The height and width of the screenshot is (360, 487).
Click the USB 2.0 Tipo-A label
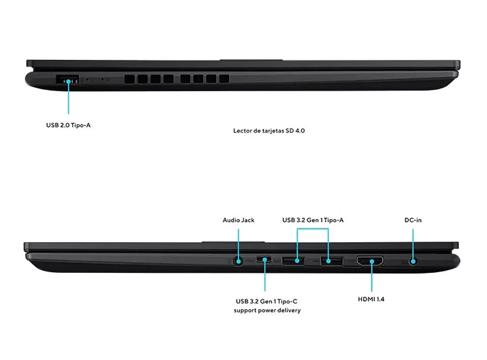[x=68, y=125]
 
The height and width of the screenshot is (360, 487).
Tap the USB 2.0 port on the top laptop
[x=67, y=80]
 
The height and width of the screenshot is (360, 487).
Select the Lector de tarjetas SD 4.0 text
[x=269, y=131]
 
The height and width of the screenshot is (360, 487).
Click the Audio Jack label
[x=238, y=220]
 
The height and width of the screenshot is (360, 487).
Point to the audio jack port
[x=238, y=261]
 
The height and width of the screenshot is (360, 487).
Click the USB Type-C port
[x=264, y=259]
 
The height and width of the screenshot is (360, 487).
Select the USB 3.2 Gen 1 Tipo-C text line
[x=266, y=301]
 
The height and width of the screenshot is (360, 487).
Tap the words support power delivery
[x=267, y=310]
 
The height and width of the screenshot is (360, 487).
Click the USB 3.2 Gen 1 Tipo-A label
[x=313, y=220]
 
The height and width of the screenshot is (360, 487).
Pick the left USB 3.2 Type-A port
[x=293, y=261]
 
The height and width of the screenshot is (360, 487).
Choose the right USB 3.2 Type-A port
[x=332, y=261]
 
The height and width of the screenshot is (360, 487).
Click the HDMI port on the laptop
[x=370, y=261]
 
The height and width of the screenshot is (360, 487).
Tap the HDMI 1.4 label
[x=371, y=299]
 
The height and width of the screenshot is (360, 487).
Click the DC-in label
[x=413, y=220]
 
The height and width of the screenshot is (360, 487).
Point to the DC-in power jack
[x=413, y=261]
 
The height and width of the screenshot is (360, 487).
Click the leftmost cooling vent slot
[x=129, y=79]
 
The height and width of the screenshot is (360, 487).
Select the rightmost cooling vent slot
[x=224, y=79]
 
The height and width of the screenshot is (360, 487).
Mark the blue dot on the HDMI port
[x=372, y=261]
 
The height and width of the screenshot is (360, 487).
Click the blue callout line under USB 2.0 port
[x=68, y=98]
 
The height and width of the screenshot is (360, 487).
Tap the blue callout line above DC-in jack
[x=413, y=244]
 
